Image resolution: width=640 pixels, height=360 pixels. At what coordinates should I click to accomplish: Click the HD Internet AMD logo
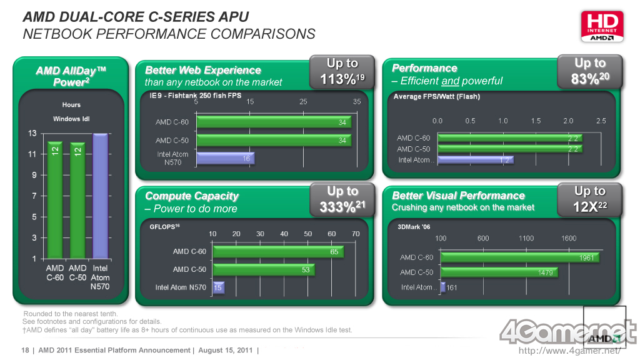602,26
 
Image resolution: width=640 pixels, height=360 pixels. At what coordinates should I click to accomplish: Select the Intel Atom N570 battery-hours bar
100,196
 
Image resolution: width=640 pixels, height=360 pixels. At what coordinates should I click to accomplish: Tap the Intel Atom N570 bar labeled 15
219,287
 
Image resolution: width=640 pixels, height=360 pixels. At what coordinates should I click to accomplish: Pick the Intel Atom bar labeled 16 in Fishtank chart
225,159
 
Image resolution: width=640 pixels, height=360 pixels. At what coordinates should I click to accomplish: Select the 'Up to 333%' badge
342,199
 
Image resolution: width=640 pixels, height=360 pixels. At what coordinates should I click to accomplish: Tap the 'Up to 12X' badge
589,199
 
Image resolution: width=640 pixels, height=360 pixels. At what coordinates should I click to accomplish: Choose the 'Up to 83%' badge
589,71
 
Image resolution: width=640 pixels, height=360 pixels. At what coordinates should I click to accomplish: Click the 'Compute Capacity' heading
192,196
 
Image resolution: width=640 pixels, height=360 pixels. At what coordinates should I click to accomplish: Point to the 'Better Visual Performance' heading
458,196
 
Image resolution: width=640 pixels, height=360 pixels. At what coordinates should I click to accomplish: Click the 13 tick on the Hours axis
32,133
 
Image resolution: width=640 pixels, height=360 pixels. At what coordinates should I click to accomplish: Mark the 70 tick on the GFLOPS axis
356,234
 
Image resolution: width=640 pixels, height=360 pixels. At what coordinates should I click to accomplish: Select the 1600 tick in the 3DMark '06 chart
569,238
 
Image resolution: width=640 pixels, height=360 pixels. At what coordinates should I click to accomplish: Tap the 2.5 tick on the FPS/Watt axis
601,121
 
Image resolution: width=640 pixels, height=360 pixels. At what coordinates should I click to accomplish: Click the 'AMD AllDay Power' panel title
71,76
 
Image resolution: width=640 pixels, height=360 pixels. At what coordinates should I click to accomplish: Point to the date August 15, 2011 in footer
225,350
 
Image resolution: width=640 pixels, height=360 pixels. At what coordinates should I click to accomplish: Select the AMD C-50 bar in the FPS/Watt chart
510,149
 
